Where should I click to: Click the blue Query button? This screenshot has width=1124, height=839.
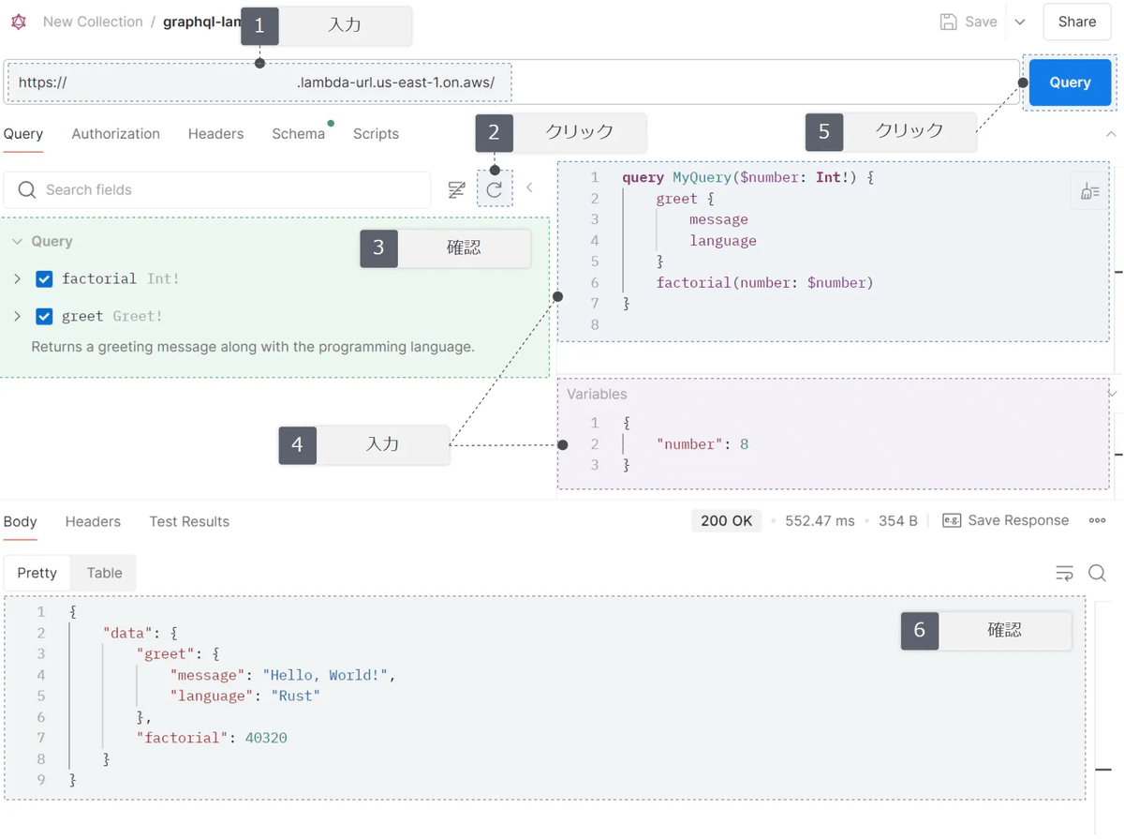1070,82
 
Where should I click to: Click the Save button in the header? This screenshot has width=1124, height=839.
969,22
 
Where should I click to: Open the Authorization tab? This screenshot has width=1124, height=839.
115,134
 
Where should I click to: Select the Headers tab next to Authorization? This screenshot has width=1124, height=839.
215,134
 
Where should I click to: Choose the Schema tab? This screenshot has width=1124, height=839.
298,134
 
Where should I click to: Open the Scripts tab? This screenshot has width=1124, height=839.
376,134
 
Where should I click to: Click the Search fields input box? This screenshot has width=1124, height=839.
225,190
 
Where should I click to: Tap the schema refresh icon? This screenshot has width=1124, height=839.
495,189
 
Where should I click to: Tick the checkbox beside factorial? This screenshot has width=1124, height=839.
44,279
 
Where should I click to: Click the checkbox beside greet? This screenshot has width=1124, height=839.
44,317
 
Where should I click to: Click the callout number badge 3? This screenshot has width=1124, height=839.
378,247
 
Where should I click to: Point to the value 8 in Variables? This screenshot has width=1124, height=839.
744,444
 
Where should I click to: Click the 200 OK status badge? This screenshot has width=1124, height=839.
726,521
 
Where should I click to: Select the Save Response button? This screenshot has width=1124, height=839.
1006,521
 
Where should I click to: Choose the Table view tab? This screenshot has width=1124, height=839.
104,573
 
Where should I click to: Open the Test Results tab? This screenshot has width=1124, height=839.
189,521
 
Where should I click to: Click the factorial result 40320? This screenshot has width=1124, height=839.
266,738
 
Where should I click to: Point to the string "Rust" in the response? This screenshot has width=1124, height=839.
295,696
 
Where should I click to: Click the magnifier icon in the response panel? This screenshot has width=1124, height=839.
1097,573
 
